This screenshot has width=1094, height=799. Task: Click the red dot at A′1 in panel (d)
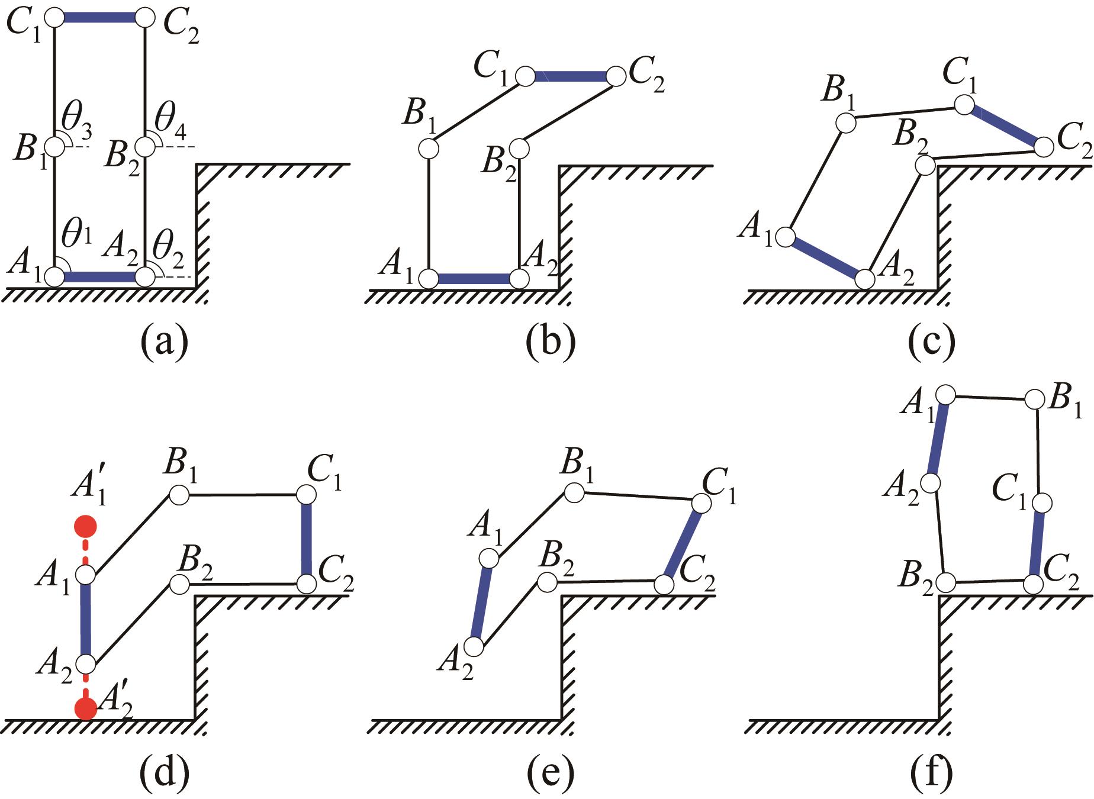coord(85,525)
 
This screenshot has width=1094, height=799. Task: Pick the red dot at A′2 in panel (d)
coord(85,708)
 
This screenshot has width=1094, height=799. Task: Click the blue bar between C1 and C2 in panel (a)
coord(99,18)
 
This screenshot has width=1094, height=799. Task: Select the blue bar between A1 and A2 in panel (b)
coord(473,278)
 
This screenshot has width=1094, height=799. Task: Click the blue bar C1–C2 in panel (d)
coord(306,539)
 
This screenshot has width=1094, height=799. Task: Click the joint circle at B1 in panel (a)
coord(54,146)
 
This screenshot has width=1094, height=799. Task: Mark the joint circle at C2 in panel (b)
coord(616,76)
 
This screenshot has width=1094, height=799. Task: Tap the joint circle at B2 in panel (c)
coord(925,165)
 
